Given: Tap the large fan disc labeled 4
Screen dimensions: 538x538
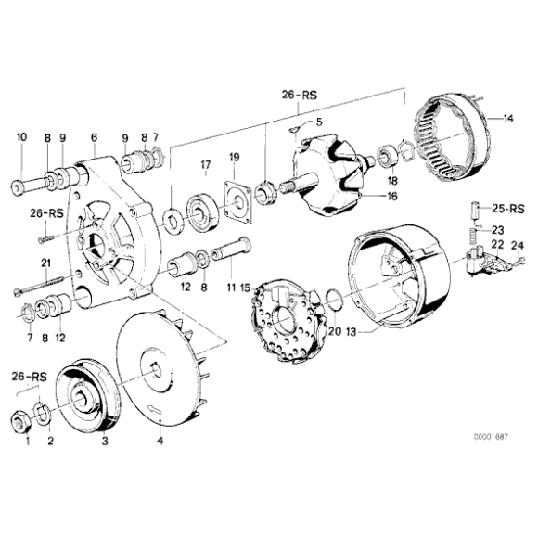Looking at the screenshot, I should point(161,367).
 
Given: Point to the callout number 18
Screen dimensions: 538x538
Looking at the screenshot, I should point(392,180).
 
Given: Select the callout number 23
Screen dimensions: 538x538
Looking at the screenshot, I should point(497,230).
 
